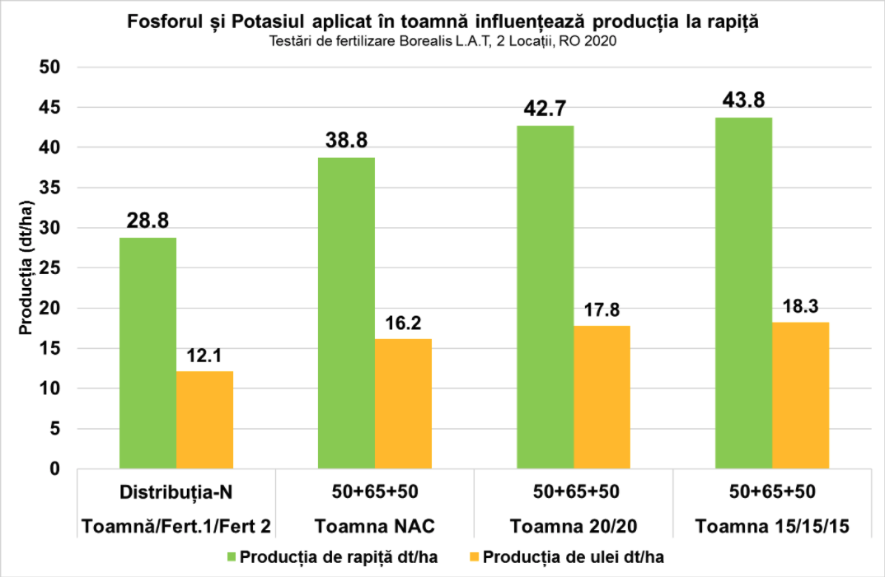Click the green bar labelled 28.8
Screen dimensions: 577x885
coord(147,353)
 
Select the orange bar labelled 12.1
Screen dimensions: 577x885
coord(204,420)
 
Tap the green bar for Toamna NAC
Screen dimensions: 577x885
coord(346,313)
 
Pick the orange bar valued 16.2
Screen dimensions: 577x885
coord(403,403)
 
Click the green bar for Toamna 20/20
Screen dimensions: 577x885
coord(545,297)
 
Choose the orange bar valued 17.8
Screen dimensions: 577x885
coord(602,398)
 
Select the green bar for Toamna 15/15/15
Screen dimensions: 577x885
coord(744,293)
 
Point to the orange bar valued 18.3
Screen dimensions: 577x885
coord(801,395)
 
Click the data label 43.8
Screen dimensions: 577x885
coord(744,100)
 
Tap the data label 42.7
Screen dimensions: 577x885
coord(545,109)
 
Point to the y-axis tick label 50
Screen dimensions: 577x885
coord(50,67)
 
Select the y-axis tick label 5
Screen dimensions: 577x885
coord(55,429)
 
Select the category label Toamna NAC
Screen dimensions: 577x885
coord(375,526)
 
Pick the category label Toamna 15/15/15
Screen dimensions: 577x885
coord(772,526)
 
